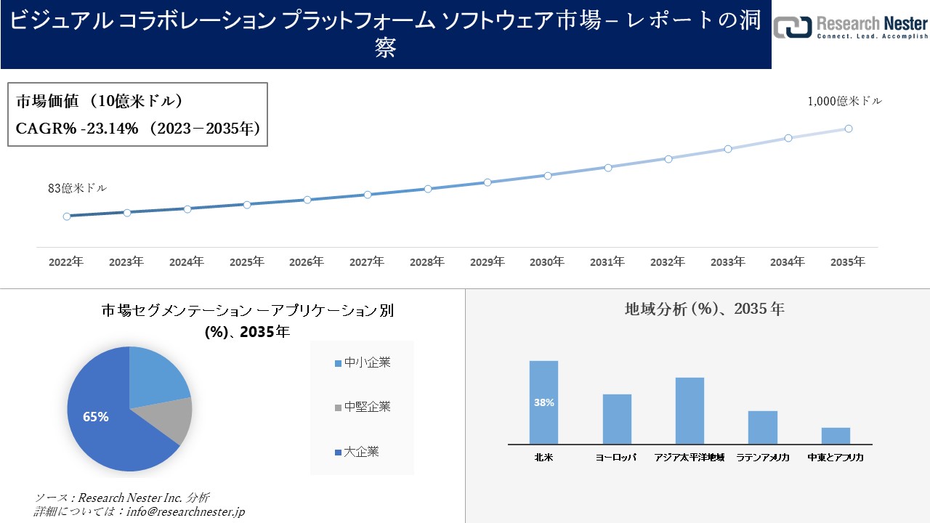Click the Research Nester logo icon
[791, 28]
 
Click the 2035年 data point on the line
[848, 129]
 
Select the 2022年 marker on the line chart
[67, 216]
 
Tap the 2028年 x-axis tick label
[427, 261]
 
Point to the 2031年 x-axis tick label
[607, 261]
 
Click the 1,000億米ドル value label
[844, 102]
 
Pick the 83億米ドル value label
[77, 188]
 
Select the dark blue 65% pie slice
[109, 429]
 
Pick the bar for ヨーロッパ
[617, 418]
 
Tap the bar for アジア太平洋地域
[690, 410]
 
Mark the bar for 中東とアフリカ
[836, 435]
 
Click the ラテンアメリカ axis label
[762, 458]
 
